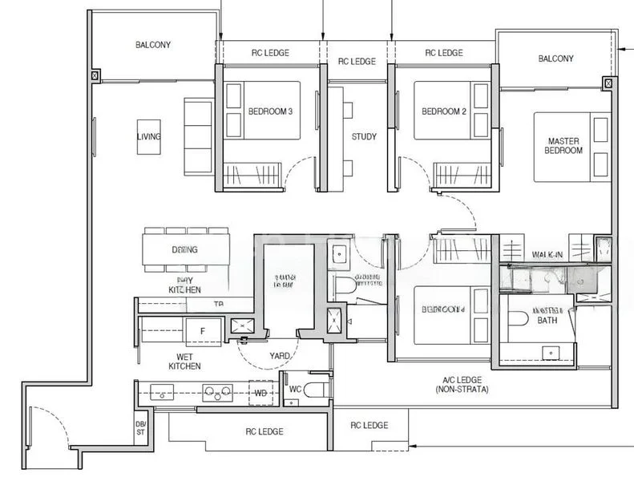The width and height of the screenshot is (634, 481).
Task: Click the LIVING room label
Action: tap(148, 136)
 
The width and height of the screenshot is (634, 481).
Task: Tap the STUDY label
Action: tap(364, 137)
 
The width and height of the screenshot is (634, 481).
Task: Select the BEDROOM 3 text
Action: tap(269, 111)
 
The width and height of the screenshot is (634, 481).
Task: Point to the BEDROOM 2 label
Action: tap(444, 111)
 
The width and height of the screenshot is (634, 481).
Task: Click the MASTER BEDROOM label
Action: tap(563, 146)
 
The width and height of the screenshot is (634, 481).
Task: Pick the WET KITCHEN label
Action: tap(184, 361)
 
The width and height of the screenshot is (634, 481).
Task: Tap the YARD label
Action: tap(280, 356)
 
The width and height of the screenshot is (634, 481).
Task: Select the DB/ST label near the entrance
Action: tap(140, 429)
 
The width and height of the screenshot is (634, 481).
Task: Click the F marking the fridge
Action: tap(202, 330)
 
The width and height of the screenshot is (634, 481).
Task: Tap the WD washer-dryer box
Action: tap(260, 394)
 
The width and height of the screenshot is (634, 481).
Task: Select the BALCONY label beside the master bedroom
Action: tap(555, 59)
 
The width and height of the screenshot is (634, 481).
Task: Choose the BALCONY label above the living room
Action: tap(152, 46)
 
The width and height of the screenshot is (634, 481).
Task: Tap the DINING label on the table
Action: tap(184, 249)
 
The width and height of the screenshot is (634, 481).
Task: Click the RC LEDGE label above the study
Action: tap(357, 62)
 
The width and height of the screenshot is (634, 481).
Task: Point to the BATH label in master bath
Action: tap(547, 321)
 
